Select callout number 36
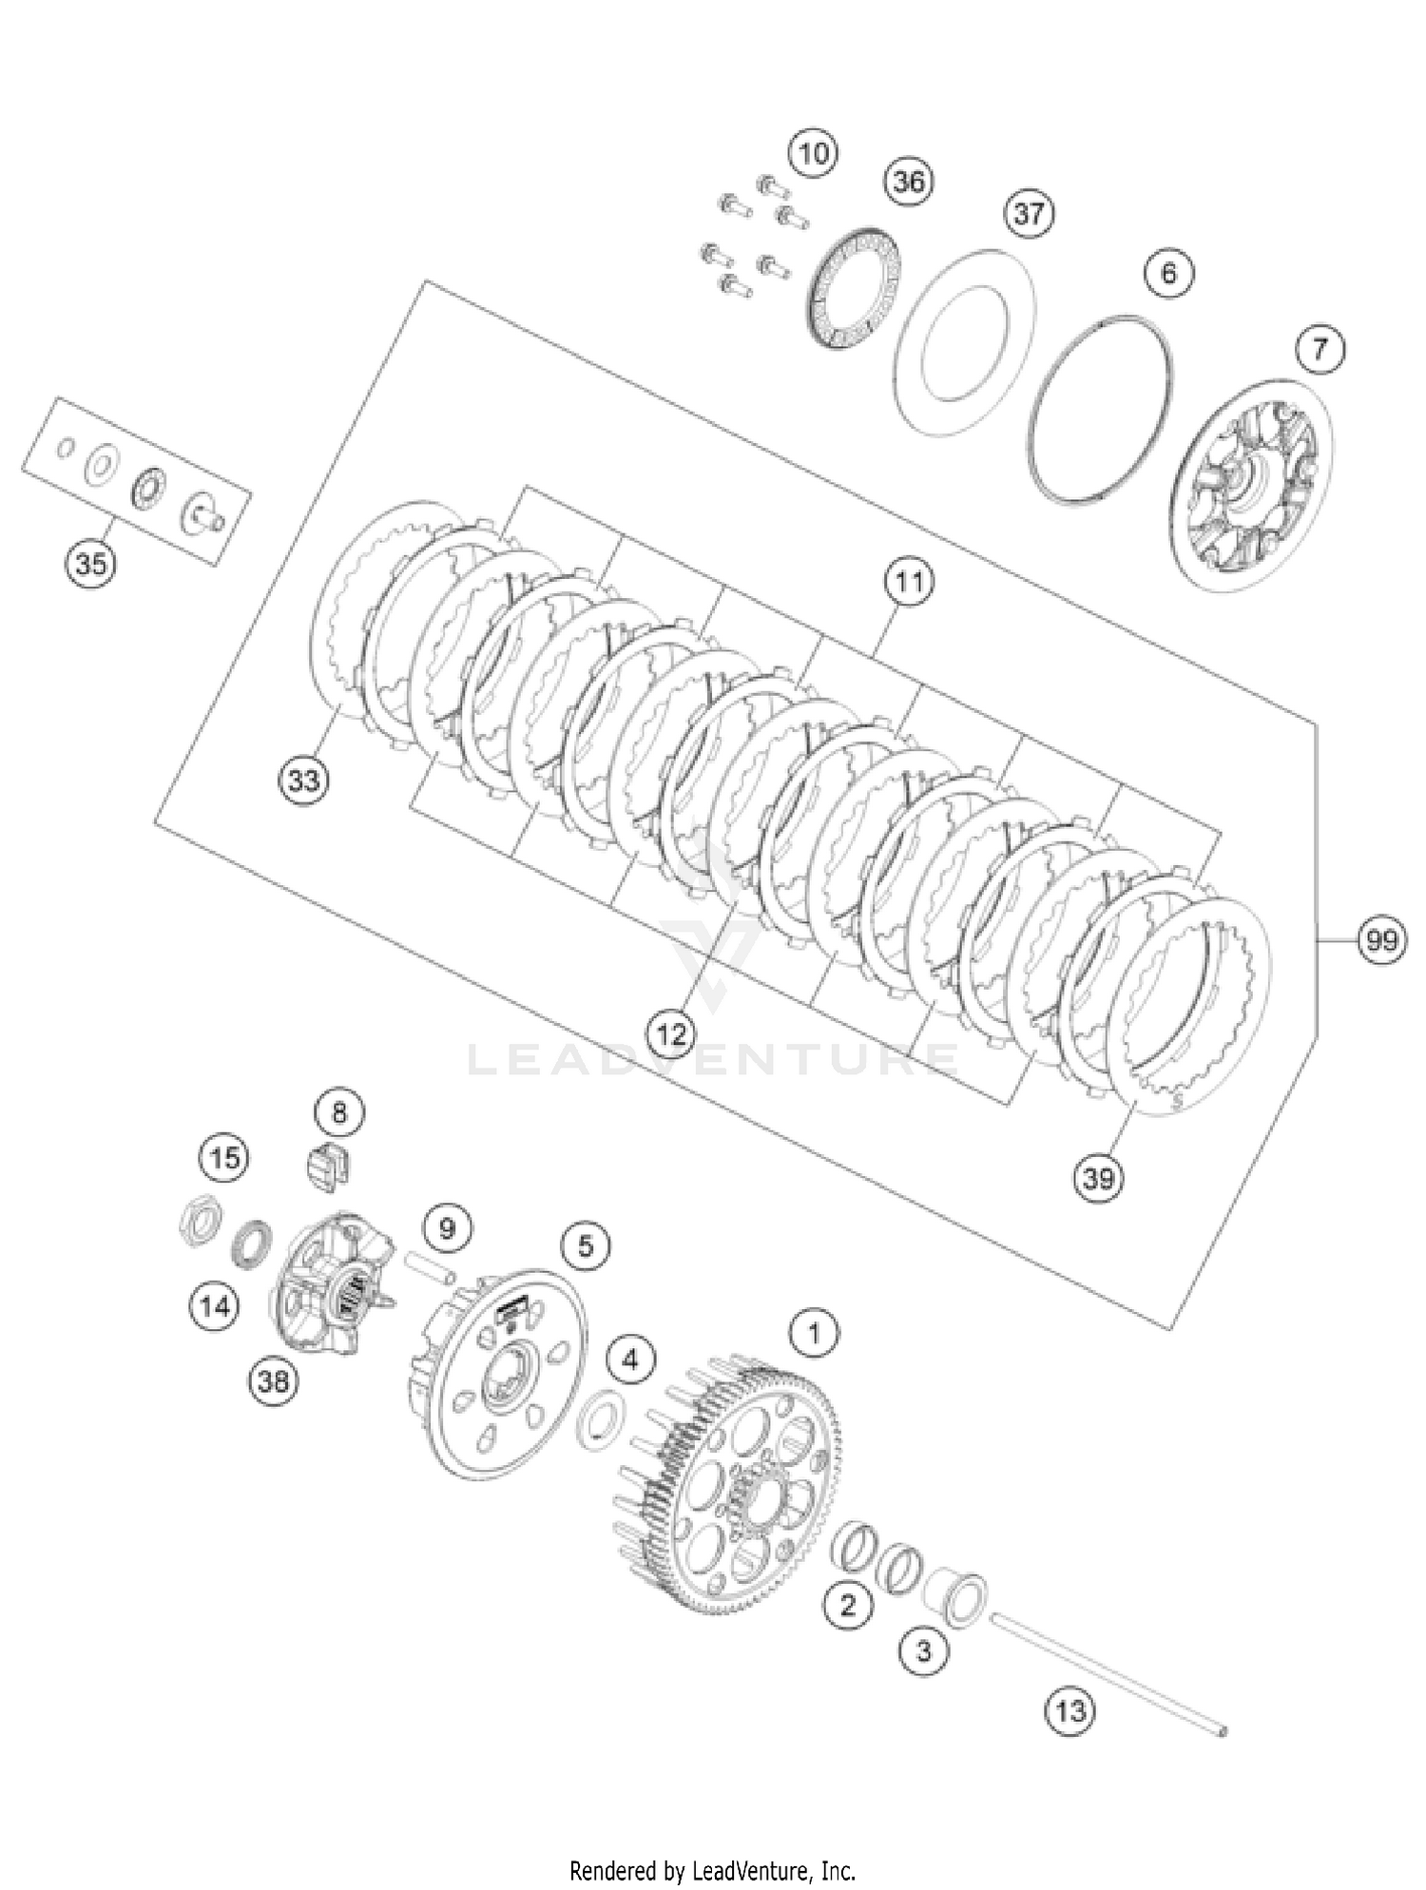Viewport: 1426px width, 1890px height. (x=908, y=182)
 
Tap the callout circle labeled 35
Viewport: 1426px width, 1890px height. (x=90, y=564)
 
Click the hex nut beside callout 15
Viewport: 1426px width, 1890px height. (x=201, y=1223)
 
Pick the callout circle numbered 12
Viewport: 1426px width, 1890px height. (x=671, y=1033)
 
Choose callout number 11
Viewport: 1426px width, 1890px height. (x=909, y=581)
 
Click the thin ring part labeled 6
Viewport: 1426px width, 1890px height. (x=1099, y=407)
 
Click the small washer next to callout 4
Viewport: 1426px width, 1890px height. (x=599, y=1420)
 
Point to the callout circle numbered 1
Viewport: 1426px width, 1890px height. (x=814, y=1334)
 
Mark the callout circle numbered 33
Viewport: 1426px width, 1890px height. (x=303, y=781)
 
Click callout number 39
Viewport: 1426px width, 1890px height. (x=1098, y=1178)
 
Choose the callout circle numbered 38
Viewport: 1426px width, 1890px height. (x=273, y=1379)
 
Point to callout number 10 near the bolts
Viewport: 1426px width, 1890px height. (x=813, y=153)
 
